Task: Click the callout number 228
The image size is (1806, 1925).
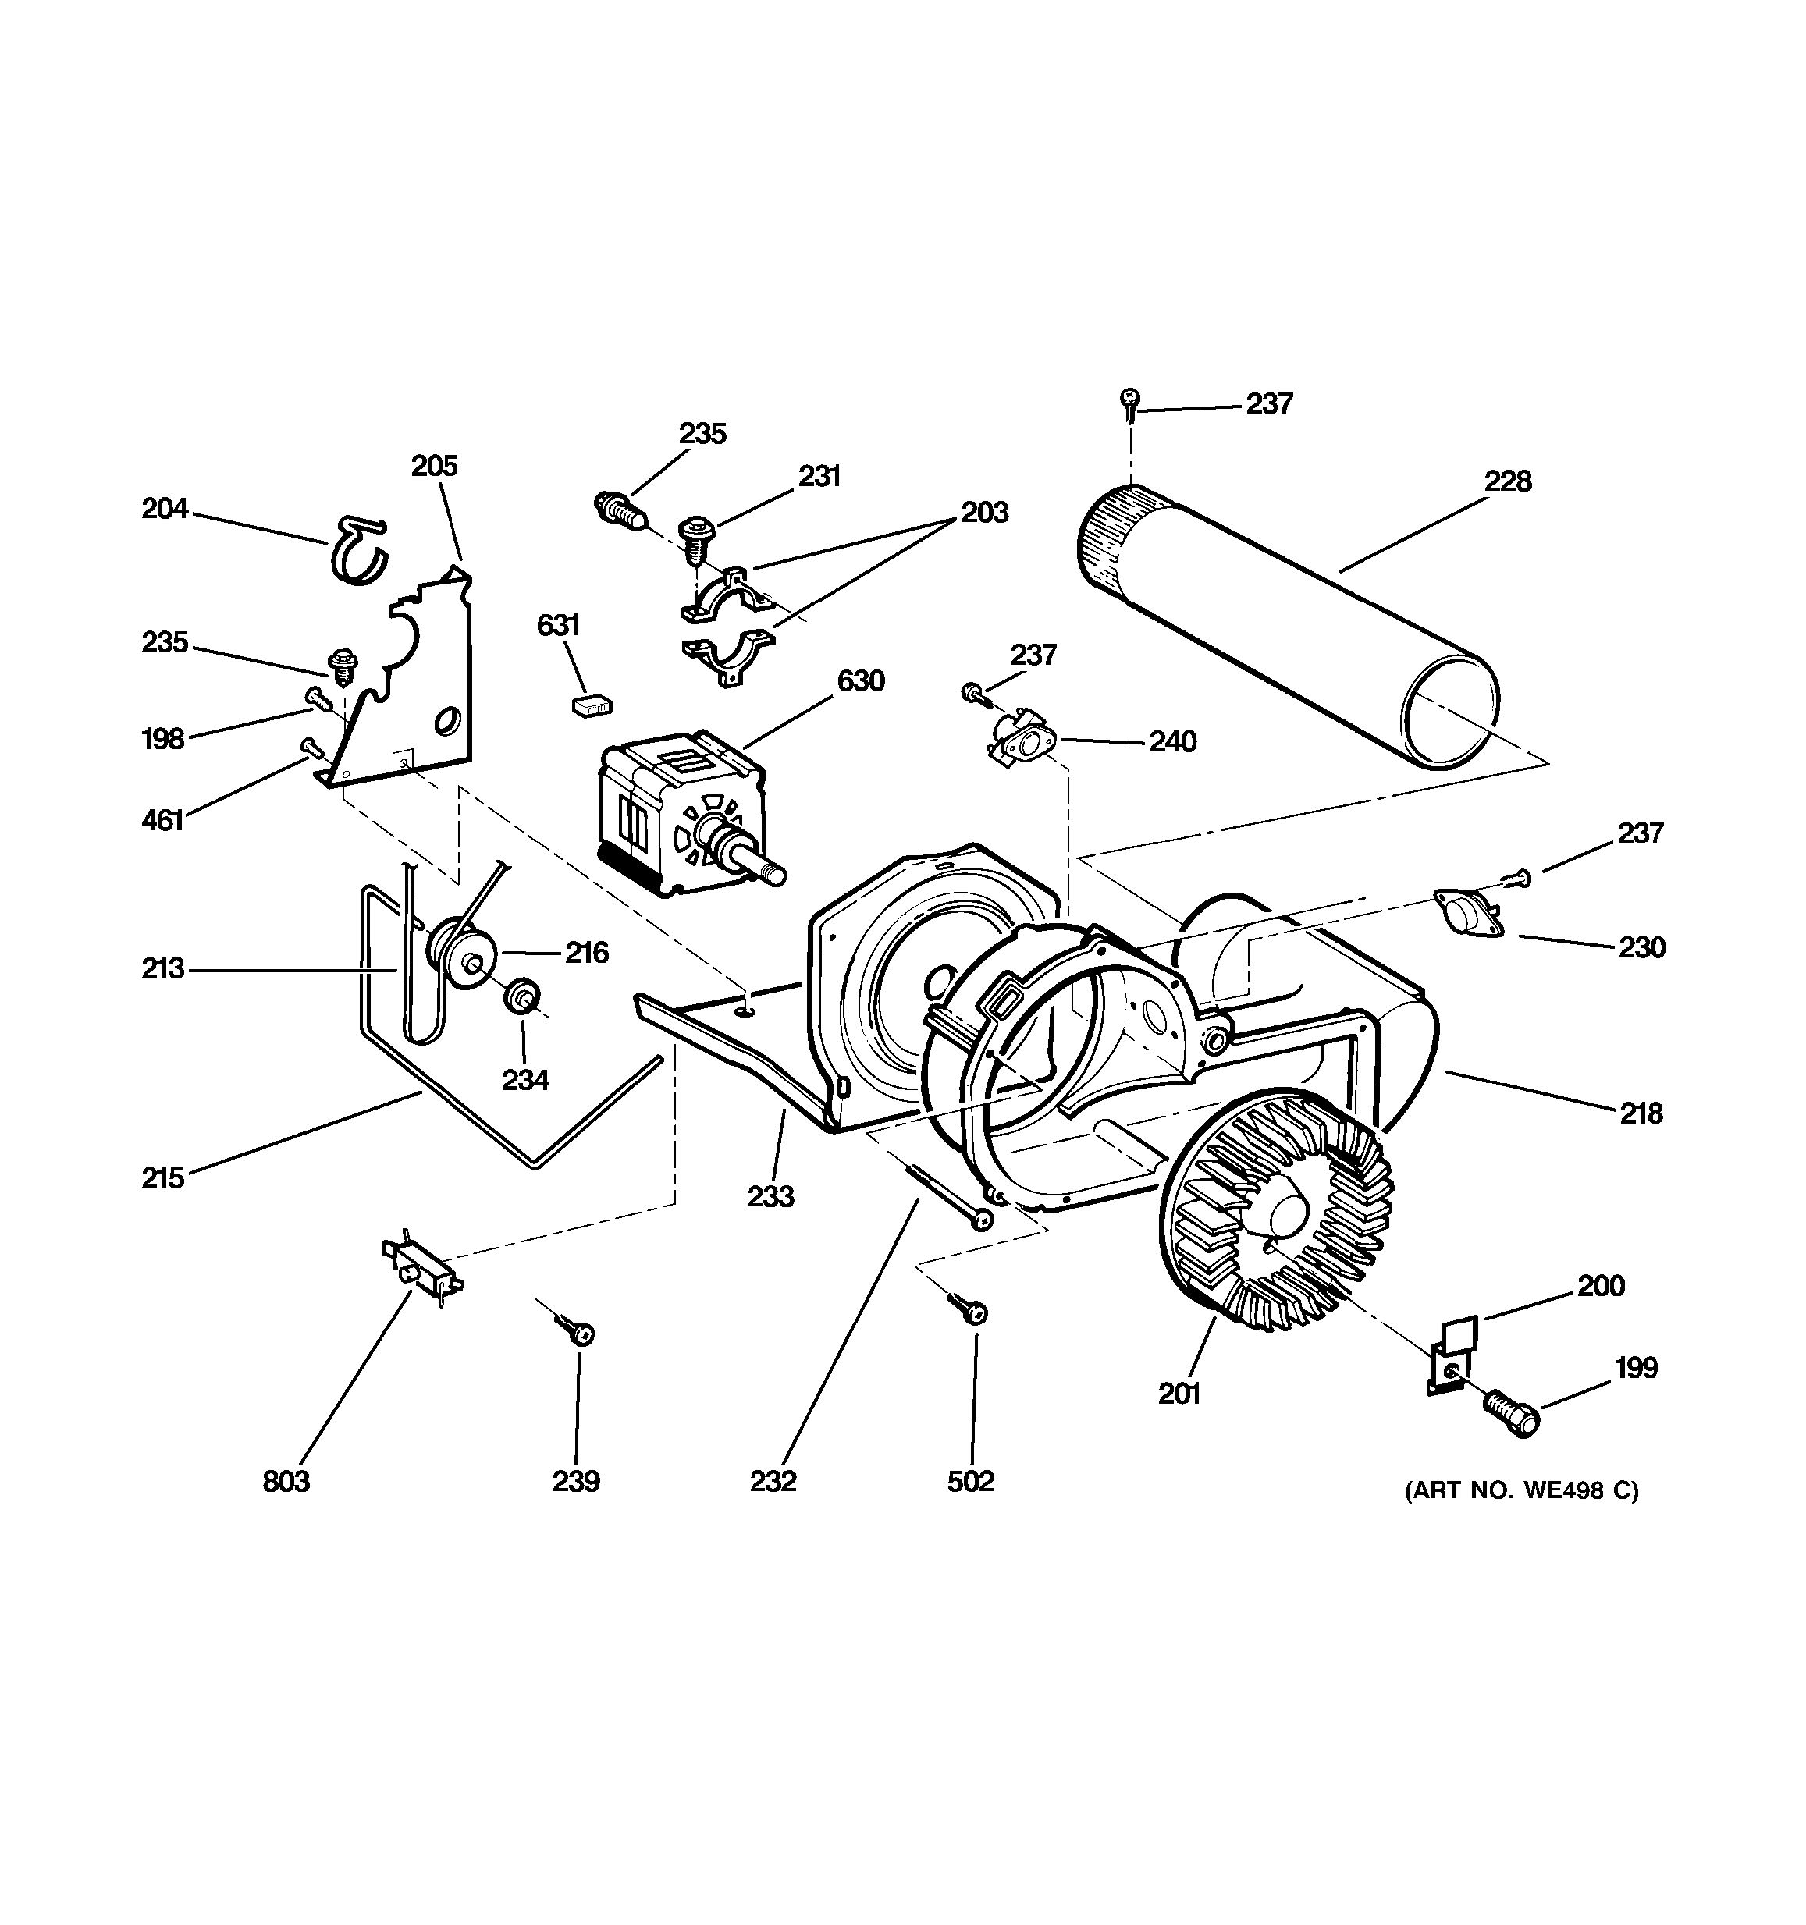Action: coord(1508,481)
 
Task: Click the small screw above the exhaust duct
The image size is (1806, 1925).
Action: coord(1129,402)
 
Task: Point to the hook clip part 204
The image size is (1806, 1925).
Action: coord(358,551)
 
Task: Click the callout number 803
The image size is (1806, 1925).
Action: coord(286,1482)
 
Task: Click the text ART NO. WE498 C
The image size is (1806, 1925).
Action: coord(1521,1490)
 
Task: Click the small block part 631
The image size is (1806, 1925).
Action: coord(592,705)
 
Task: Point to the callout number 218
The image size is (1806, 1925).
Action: coord(1641,1113)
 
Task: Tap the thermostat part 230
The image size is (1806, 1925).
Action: coord(1467,913)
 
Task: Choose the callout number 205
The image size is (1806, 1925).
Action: coord(434,466)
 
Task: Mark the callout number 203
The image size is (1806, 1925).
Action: coord(984,512)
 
